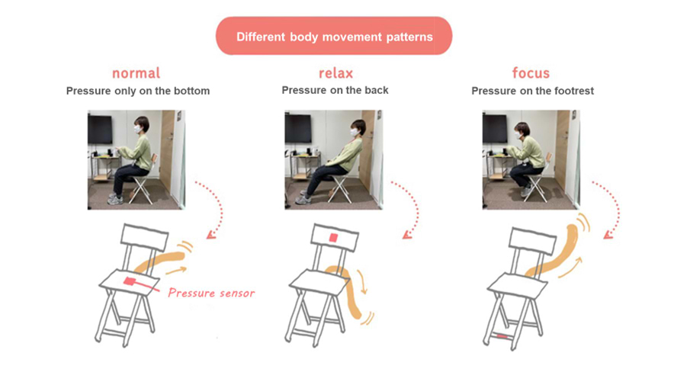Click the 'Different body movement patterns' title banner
pos(334,36)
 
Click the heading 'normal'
pos(136,73)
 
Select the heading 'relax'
pos(335,73)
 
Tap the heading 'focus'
pos(531,72)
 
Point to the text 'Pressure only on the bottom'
pos(138,91)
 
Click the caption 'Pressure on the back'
pos(335,90)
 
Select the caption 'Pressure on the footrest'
pos(533,91)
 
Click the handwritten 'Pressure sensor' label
pos(211,293)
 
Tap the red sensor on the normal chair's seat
pos(130,281)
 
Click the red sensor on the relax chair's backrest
pos(333,238)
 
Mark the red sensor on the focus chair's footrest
pos(503,336)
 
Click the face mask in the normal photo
pos(137,129)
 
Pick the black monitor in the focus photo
pos(495,129)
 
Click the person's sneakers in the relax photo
pos(303,198)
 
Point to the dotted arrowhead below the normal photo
pos(210,235)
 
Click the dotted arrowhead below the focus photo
pos(608,235)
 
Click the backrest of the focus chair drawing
pos(532,239)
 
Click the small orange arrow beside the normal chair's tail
pos(177,271)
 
